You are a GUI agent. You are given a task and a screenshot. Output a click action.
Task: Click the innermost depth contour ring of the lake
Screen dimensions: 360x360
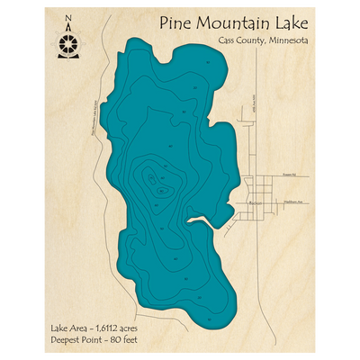tap(161, 190)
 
